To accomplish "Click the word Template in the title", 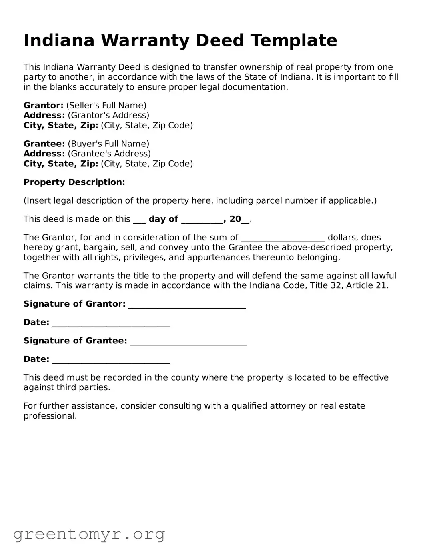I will point(294,40).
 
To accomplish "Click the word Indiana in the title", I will point(59,40).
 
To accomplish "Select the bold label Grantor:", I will point(43,105).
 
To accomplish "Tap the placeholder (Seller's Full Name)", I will point(106,105).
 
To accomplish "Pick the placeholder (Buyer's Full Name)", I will point(108,144).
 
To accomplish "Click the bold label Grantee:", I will point(44,144).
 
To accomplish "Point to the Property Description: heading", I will point(74,182).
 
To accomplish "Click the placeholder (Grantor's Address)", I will point(108,115).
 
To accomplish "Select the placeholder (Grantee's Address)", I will point(109,154).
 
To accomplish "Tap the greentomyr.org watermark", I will point(89,534).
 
